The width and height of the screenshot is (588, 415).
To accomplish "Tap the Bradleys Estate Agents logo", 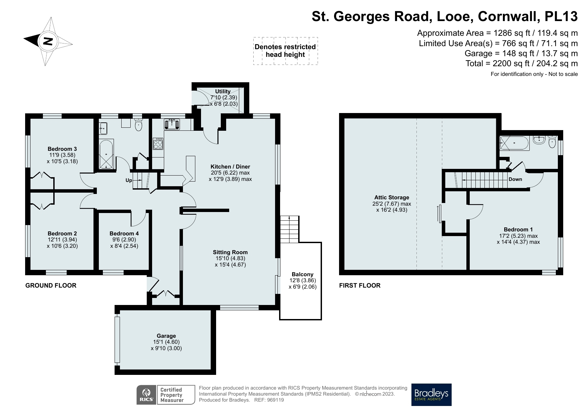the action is click(431, 395).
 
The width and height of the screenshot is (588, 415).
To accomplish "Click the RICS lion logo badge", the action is click(146, 395).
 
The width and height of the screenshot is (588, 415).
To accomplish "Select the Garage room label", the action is click(166, 336).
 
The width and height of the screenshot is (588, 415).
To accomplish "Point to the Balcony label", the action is click(303, 274).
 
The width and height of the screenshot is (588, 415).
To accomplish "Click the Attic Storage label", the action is click(392, 197).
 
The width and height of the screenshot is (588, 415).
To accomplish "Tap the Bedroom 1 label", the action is click(518, 229).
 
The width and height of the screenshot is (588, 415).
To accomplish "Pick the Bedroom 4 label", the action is click(124, 233).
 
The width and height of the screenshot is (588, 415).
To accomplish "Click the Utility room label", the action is click(223, 91).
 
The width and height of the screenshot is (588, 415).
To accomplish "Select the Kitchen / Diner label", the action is click(230, 167).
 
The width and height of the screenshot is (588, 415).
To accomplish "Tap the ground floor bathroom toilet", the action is click(138, 125).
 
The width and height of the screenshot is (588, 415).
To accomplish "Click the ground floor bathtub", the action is click(106, 154).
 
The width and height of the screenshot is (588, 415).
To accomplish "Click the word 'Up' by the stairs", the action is click(129, 181).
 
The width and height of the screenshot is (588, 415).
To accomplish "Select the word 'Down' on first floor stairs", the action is click(515, 179).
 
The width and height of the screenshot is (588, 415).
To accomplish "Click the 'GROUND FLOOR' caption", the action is click(51, 285).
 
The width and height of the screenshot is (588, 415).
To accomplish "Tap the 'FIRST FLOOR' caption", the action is click(360, 285).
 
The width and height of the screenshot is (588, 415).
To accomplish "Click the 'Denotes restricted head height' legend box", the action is click(285, 51).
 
